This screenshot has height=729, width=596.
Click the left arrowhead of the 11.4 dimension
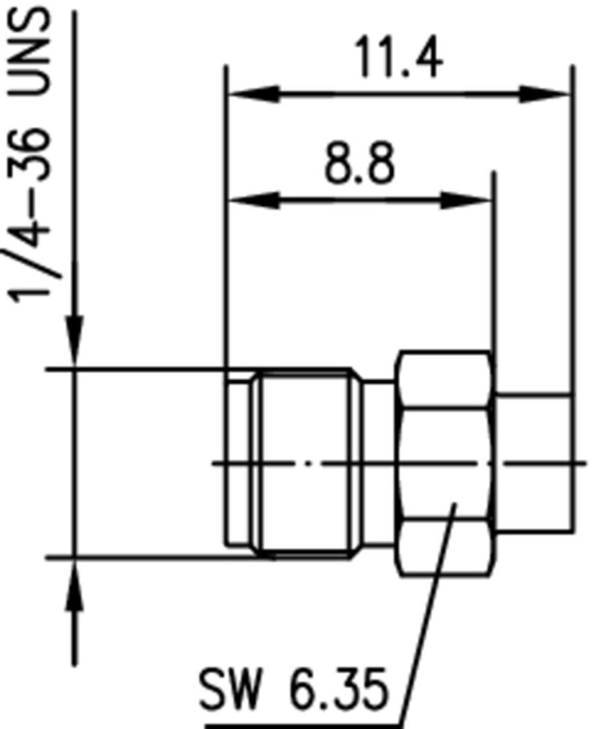click(x=253, y=94)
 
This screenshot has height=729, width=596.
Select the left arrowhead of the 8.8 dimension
click(x=253, y=200)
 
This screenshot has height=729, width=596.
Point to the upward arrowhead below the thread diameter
click(x=75, y=586)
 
